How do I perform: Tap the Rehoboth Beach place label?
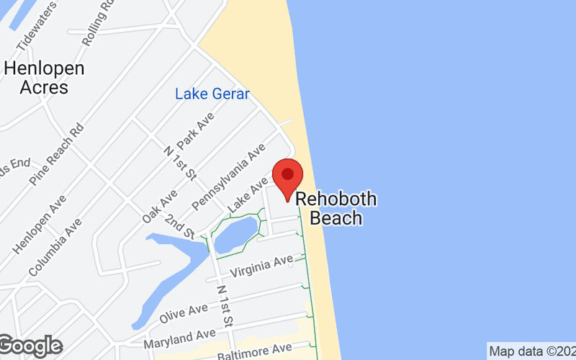pos(337,208)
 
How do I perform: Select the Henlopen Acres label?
pos(44,78)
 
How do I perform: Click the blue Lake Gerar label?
pos(212,94)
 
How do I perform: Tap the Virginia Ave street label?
pos(261,266)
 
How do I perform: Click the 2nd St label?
pos(179,225)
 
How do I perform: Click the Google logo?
pos(30,346)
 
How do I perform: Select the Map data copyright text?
pos(531,351)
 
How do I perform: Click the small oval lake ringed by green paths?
pos(235,231)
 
